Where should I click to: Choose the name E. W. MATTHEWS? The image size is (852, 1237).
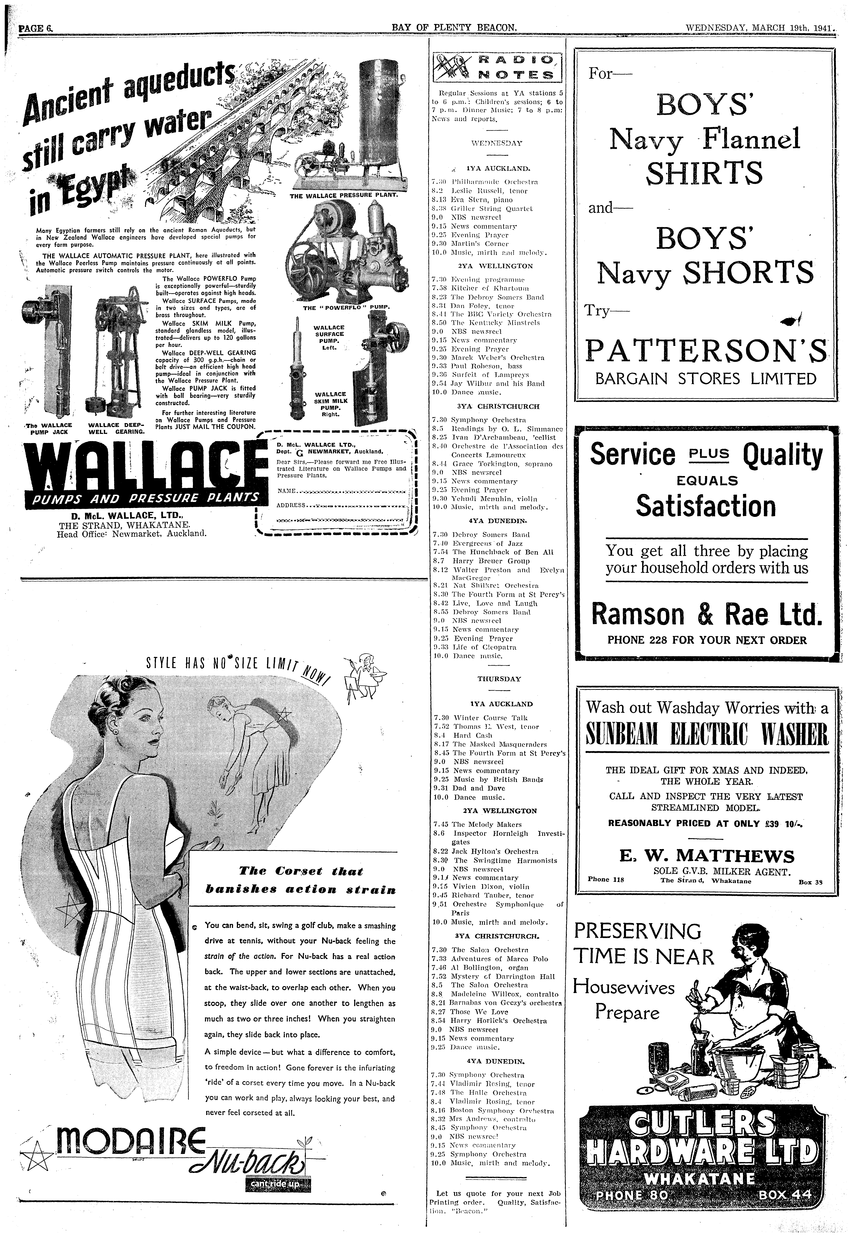(707, 856)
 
